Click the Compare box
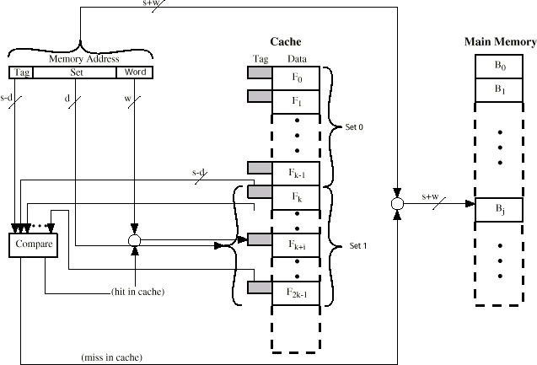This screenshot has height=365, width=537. pyautogui.click(x=33, y=245)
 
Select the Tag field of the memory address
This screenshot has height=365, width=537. pyautogui.click(x=21, y=72)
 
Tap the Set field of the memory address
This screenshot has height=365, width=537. pyautogui.click(x=75, y=72)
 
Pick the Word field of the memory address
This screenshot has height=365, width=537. pyautogui.click(x=135, y=72)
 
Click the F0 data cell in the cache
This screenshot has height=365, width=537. pyautogui.click(x=296, y=78)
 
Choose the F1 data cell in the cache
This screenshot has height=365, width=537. pyautogui.click(x=296, y=102)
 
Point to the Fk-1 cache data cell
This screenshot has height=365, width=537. pyautogui.click(x=296, y=174)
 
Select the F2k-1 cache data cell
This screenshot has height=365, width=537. pyautogui.click(x=296, y=293)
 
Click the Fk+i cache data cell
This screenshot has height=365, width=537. pyautogui.click(x=296, y=245)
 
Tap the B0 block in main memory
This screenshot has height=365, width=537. pyautogui.click(x=499, y=66)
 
